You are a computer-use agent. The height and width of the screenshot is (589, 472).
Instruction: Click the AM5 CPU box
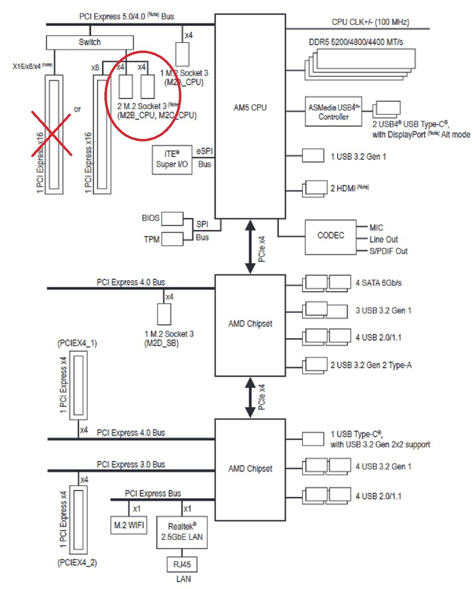[x=250, y=115]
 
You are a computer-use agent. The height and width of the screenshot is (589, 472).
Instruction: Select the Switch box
[x=90, y=42]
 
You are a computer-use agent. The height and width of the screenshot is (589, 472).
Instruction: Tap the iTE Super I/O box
[x=172, y=160]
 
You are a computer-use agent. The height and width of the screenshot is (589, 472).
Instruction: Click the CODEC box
[x=331, y=237]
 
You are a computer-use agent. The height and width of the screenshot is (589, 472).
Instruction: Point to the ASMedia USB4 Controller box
[x=334, y=111]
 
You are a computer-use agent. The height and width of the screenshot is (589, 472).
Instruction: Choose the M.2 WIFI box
[x=129, y=525]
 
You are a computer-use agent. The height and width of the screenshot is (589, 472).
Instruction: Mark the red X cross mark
[x=51, y=133]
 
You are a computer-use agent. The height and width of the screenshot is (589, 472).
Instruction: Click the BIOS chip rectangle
[x=173, y=219]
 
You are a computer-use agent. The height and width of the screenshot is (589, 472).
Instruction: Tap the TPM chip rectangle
[x=172, y=239]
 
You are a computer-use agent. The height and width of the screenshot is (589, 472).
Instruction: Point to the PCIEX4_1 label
[x=77, y=343]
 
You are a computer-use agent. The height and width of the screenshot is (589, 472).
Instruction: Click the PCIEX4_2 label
[x=77, y=562]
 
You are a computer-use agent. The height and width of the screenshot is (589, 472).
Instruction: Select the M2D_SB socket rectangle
[x=164, y=314]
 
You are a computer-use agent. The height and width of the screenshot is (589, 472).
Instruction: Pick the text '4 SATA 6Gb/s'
[x=378, y=283]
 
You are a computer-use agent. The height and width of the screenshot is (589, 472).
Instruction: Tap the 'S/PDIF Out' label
[x=388, y=251]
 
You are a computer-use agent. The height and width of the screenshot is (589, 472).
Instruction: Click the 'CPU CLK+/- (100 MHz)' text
[x=370, y=22]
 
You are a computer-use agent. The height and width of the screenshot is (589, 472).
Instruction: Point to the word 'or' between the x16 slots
[x=77, y=109]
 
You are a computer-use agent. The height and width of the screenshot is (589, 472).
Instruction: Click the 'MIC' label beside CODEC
[x=376, y=228]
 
